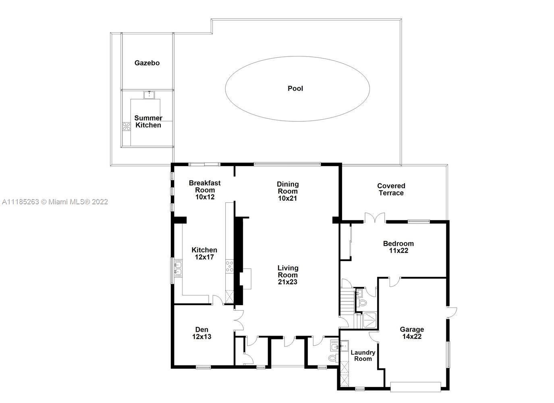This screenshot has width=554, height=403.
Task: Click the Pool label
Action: [x=295, y=89]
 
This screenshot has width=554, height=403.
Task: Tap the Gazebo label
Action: [x=147, y=63]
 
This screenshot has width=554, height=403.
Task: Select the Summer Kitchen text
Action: [x=148, y=121]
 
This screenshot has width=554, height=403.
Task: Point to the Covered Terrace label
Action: [x=391, y=189]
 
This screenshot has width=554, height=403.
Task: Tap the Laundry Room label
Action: [x=363, y=355]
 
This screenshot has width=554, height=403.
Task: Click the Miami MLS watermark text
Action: [x=55, y=202]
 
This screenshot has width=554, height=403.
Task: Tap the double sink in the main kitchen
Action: [x=178, y=268]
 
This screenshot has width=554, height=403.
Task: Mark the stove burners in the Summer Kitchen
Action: [x=127, y=127]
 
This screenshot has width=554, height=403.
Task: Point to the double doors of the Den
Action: [x=239, y=320]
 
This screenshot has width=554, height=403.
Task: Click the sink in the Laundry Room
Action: [x=344, y=346]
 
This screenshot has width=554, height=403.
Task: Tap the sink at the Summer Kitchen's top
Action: [x=149, y=95]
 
